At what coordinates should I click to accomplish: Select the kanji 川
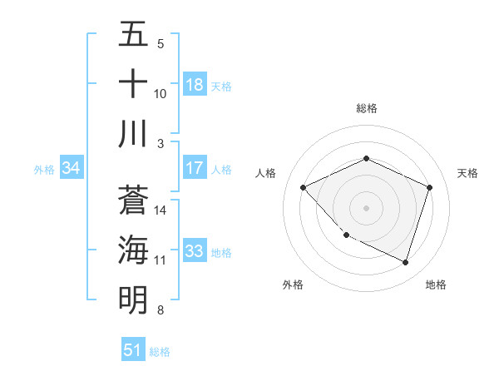(133, 134)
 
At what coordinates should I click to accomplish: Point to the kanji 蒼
(133, 200)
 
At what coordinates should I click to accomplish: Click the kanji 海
(133, 250)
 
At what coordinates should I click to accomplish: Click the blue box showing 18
(195, 85)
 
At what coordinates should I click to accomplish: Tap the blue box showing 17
(195, 168)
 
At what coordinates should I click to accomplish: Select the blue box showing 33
(195, 251)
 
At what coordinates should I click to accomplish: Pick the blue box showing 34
(71, 169)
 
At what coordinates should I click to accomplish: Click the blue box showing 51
(133, 350)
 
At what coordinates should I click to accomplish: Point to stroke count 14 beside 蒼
(161, 210)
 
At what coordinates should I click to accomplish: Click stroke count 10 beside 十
(161, 94)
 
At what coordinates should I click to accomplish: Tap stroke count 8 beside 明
(161, 310)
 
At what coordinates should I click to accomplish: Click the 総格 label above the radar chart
(366, 108)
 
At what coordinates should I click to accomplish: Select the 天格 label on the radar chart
(467, 173)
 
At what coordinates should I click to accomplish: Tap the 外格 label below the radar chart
(293, 285)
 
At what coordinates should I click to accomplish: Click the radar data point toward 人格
(304, 187)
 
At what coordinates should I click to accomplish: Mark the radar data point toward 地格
(405, 262)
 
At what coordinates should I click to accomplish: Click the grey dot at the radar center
(366, 207)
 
